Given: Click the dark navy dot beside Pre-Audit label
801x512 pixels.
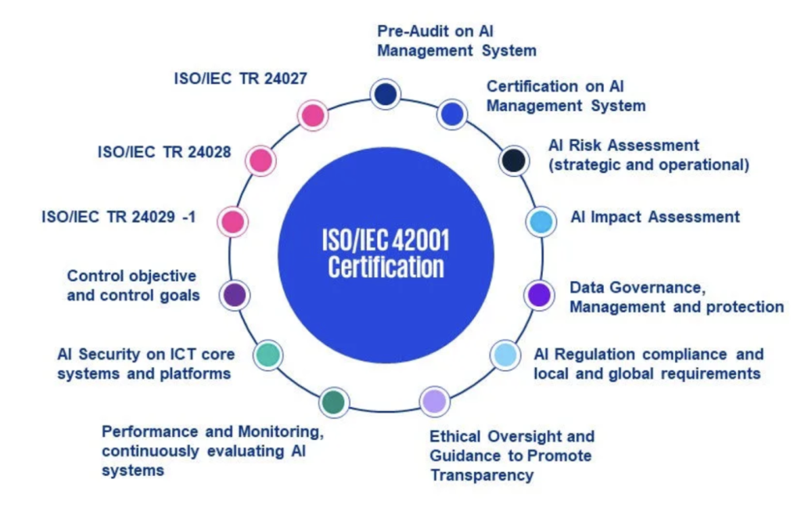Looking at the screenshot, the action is (x=385, y=94).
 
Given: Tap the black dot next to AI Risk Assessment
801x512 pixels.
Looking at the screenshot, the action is (x=513, y=160).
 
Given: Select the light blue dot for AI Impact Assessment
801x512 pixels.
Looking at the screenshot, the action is (x=541, y=222).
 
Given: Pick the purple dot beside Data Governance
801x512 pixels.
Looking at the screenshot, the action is (x=539, y=295).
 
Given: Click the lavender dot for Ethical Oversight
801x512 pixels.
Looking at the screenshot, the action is (x=435, y=401).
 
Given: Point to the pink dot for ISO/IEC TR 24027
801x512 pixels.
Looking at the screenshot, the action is (x=313, y=115).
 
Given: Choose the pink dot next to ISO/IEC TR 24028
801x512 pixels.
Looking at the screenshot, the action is (x=260, y=160).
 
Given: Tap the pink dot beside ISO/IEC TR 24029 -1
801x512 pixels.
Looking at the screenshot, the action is (x=233, y=222).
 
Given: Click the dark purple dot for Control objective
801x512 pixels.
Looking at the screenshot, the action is (x=235, y=295).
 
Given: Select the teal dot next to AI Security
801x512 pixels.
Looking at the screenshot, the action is (x=268, y=355).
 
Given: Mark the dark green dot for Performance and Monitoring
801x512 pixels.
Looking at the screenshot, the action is (x=334, y=402).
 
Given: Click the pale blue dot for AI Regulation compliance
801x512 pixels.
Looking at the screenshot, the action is (x=505, y=355).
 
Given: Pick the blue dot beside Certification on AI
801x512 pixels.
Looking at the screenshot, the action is (x=452, y=114).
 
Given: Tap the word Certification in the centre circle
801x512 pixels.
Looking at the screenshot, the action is (x=386, y=267).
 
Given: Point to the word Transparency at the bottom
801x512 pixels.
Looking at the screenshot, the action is (x=482, y=475).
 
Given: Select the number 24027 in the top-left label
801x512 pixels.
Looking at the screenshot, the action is (x=286, y=79).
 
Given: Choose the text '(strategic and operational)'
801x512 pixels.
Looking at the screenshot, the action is (x=648, y=164).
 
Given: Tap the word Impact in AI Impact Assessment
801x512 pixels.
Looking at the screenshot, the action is (x=616, y=218).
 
